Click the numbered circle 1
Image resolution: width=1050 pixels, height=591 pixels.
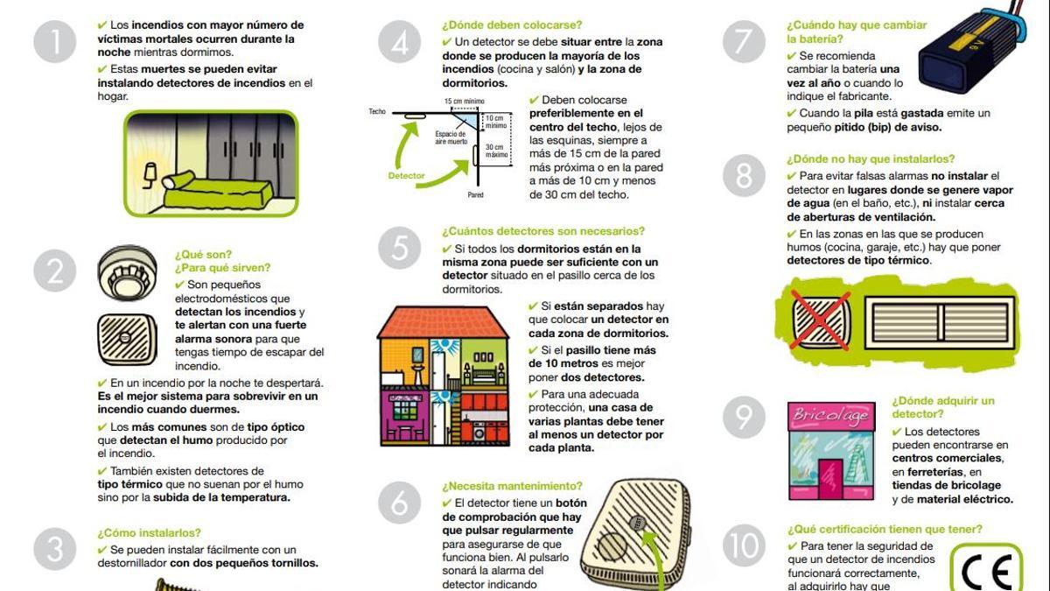[56, 43]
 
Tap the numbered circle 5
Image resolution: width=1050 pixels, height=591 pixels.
[400, 249]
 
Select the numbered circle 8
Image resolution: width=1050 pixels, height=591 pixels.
[744, 176]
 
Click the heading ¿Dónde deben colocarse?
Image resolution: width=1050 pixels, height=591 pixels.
[511, 25]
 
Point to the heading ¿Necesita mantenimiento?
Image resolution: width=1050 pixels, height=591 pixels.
[511, 486]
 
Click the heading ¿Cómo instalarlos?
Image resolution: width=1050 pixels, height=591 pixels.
[149, 532]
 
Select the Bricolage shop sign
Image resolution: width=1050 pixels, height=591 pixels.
[829, 417]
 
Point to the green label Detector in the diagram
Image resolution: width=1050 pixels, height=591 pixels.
[406, 176]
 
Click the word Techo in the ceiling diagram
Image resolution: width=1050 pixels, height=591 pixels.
[377, 112]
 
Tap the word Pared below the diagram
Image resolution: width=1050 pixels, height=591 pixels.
[475, 195]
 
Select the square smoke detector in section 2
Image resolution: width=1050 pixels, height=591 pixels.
[126, 339]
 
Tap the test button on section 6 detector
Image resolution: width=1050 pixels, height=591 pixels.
[637, 523]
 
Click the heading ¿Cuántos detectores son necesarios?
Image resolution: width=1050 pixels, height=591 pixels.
[542, 231]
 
